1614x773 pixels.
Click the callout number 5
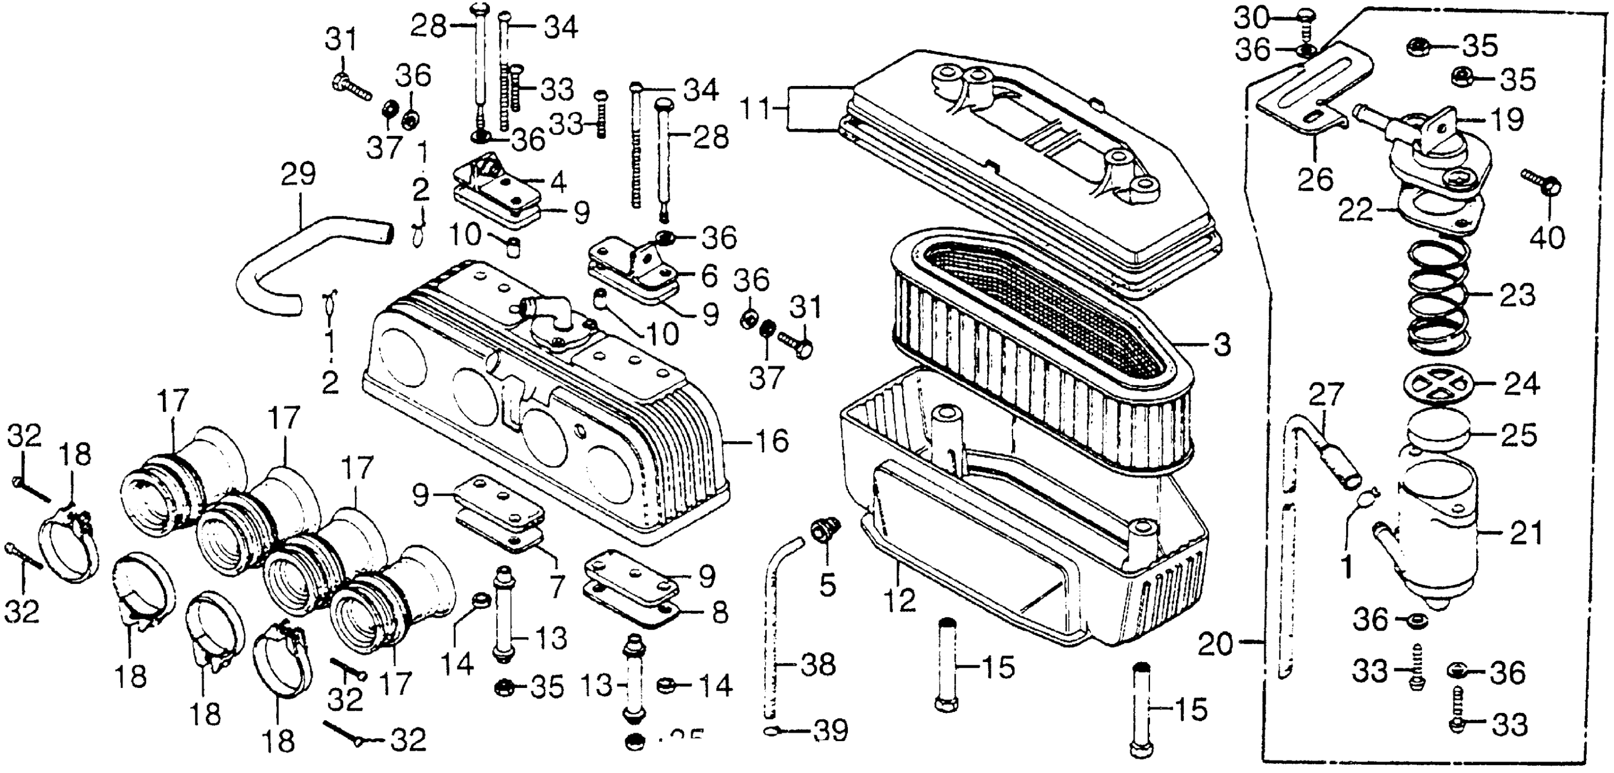tap(827, 586)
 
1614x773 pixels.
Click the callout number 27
tap(1326, 395)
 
